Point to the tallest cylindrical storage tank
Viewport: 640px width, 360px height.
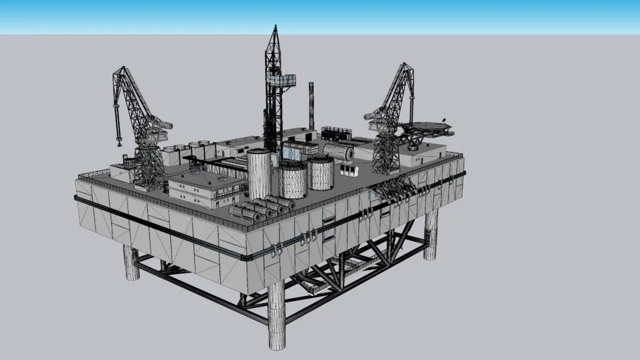click(x=259, y=174)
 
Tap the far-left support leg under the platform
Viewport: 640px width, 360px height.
click(x=131, y=263)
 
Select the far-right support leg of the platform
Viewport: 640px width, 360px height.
click(x=430, y=234)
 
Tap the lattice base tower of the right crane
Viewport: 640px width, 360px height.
click(x=385, y=153)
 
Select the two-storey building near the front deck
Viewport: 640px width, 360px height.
click(x=199, y=188)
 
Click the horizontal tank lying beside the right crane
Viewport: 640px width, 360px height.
click(x=338, y=153)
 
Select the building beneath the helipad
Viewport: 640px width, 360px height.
click(x=422, y=144)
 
